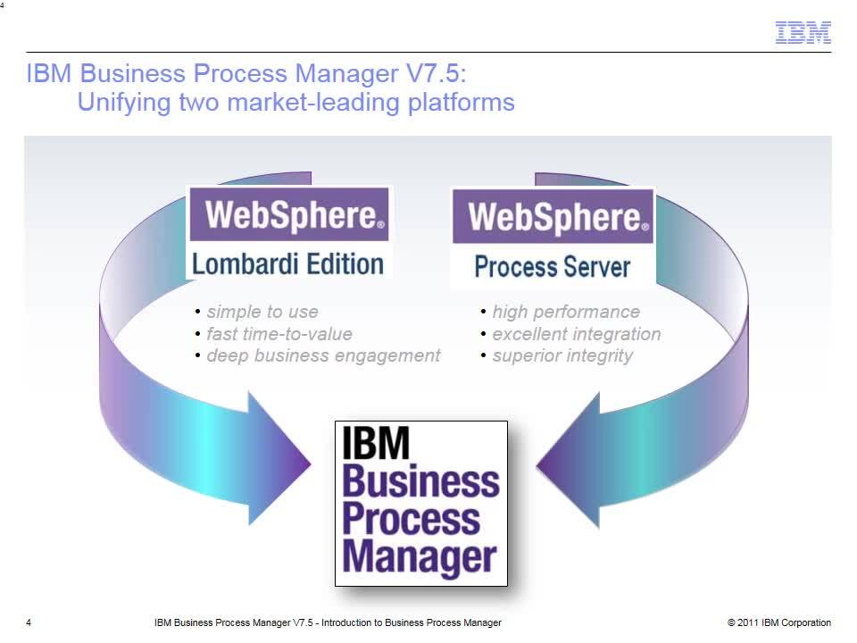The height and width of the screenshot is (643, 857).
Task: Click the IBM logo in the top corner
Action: pos(803,32)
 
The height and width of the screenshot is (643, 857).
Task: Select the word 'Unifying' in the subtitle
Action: pos(124,102)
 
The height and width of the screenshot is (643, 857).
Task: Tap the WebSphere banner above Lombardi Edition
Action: pos(289,213)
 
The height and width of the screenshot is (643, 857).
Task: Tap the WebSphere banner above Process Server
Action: pos(553,216)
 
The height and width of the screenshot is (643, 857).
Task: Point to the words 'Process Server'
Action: pos(552,266)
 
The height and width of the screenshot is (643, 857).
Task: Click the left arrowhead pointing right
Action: pos(279,459)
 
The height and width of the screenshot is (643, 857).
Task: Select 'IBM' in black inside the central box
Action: pos(376,443)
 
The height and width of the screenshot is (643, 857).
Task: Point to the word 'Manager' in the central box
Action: pos(420,556)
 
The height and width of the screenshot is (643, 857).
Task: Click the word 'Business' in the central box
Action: pos(420,480)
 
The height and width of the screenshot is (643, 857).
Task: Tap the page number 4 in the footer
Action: pos(29,622)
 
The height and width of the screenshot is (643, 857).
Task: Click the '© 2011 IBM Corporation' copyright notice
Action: pos(779,622)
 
